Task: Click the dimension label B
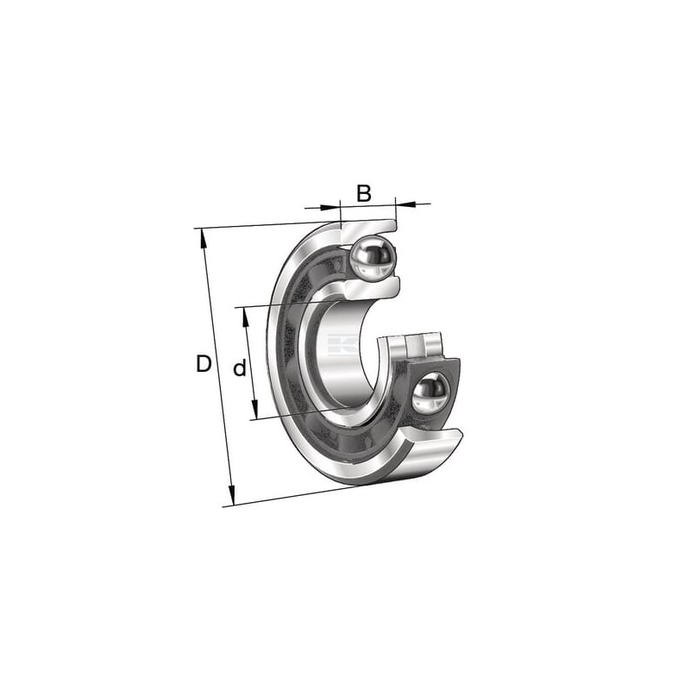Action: (364, 193)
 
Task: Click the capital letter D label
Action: (204, 364)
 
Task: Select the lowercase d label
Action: (240, 367)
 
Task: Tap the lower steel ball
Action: (430, 392)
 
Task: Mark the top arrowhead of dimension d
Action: (246, 317)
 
